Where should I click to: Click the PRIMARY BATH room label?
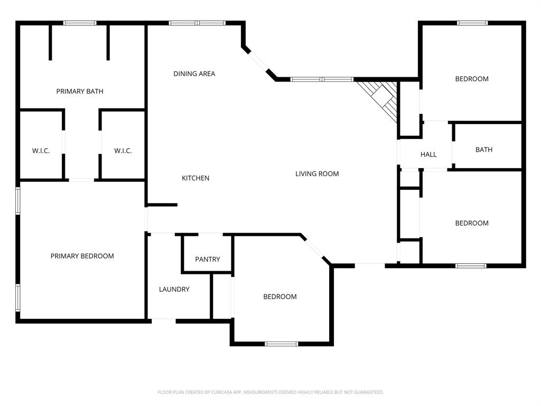click(80, 91)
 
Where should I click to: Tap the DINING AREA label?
click(194, 74)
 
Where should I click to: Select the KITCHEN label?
click(195, 178)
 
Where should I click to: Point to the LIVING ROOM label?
click(317, 174)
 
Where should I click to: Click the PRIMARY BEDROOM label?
click(82, 256)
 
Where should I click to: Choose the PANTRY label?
click(207, 259)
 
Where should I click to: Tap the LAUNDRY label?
click(174, 289)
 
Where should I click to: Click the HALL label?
click(428, 154)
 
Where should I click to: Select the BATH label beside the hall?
click(483, 150)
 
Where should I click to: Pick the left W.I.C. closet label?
click(41, 151)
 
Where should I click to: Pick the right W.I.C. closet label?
click(123, 151)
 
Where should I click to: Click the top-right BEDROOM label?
click(472, 79)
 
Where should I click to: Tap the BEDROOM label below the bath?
click(472, 223)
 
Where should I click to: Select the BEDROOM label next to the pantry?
click(279, 297)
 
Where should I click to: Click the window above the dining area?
click(197, 23)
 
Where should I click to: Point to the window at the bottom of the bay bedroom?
click(281, 344)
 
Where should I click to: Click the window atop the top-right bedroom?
click(472, 23)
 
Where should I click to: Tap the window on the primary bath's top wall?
click(80, 23)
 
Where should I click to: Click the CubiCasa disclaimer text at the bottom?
click(270, 392)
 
